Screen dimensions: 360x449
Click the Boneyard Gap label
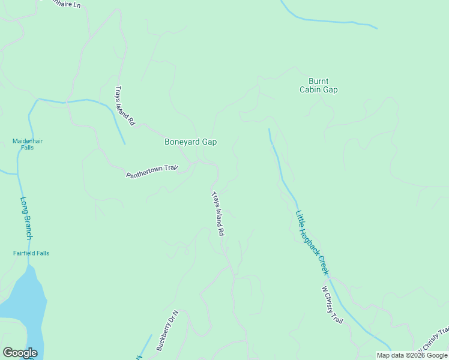coord(190,142)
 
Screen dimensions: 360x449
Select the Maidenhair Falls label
coord(28,144)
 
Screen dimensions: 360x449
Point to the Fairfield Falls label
coord(31,253)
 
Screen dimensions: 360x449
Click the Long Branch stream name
coord(26,218)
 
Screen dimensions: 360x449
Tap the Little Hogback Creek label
coord(312,242)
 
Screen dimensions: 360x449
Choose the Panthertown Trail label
coord(152,172)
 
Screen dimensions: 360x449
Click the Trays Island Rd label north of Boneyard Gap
coord(124,106)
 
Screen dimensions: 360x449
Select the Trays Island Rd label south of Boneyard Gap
coord(218,213)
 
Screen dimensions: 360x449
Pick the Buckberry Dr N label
coord(168,331)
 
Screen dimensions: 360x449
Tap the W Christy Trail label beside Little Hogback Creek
coord(332,305)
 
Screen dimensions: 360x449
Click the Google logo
coord(20,353)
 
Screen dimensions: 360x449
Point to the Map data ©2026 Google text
coord(411,355)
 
